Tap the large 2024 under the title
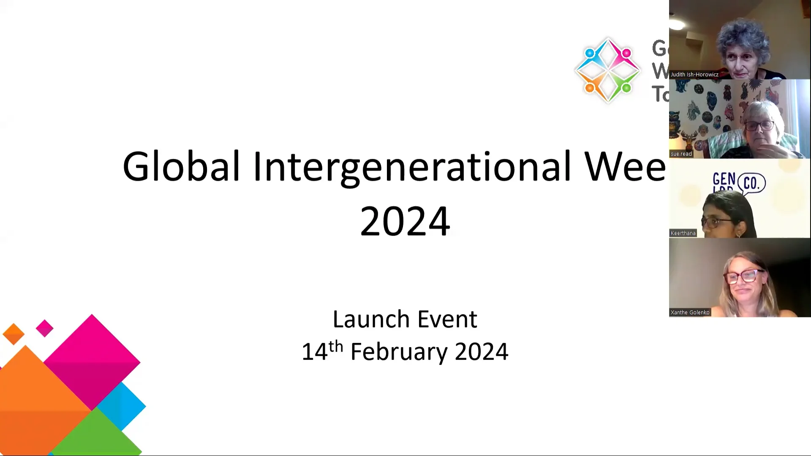point(405,221)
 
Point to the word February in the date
point(398,352)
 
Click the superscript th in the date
point(336,347)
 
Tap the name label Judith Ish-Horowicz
point(694,74)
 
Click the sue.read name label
point(681,154)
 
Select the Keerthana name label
point(683,233)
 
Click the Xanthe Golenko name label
point(690,312)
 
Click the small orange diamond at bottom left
point(14,334)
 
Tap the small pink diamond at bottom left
point(44,328)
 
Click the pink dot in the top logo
point(626,53)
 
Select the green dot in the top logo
point(626,88)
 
